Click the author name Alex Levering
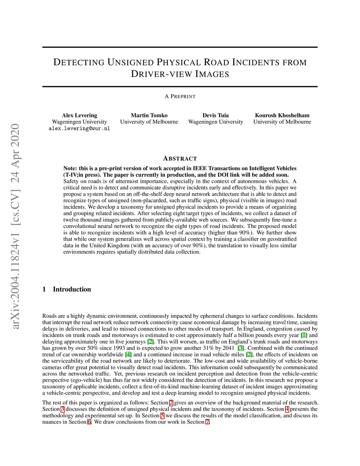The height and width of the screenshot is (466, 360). [x=79, y=115]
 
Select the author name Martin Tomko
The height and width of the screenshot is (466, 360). [x=149, y=115]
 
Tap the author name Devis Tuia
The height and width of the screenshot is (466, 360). [x=216, y=115]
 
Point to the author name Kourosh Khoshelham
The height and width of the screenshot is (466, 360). [x=282, y=115]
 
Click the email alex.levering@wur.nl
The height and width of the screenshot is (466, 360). [x=79, y=129]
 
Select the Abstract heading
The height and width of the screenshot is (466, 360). [x=180, y=159]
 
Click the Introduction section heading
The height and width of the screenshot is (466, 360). [x=72, y=289]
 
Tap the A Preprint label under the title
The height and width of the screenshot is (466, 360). [x=180, y=96]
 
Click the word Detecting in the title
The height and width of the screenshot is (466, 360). [x=79, y=63]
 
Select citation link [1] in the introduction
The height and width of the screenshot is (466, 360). [x=304, y=335]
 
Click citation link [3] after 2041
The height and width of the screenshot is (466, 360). [x=241, y=348]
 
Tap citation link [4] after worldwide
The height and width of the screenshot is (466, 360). [x=129, y=355]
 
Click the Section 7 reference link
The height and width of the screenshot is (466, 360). [x=208, y=422]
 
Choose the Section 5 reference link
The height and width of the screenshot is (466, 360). [x=162, y=416]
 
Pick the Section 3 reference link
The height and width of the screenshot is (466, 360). [x=63, y=409]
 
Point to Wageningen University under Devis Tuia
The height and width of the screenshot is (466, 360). [x=216, y=122]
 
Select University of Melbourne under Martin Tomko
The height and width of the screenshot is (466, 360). [x=149, y=122]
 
